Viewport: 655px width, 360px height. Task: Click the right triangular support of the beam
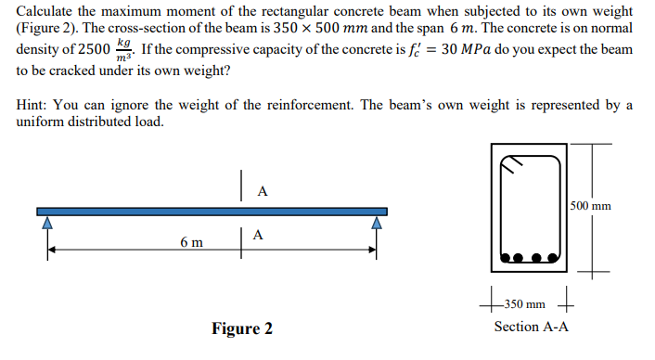(x=377, y=223)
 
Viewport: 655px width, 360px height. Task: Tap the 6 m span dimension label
(x=192, y=242)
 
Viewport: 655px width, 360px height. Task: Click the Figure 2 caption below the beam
(x=241, y=328)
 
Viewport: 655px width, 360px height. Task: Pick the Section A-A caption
(x=532, y=327)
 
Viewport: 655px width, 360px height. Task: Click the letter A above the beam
(x=262, y=192)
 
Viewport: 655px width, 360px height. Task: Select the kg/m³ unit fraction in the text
(x=122, y=50)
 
